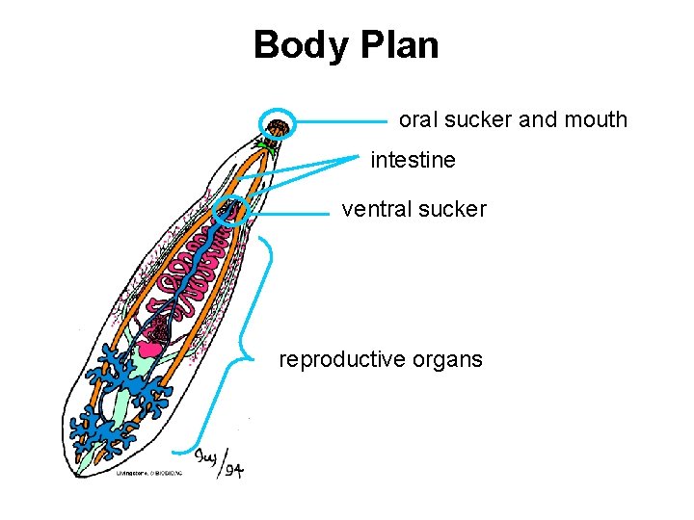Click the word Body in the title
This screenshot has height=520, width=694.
[x=294, y=45]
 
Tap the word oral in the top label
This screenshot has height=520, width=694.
[x=417, y=120]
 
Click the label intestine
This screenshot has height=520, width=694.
[x=413, y=160]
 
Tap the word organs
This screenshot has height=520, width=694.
[x=447, y=359]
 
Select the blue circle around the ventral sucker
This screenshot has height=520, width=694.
[x=231, y=211]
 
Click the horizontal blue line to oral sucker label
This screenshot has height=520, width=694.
[x=342, y=122]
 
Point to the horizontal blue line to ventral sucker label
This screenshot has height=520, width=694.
[x=294, y=214]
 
